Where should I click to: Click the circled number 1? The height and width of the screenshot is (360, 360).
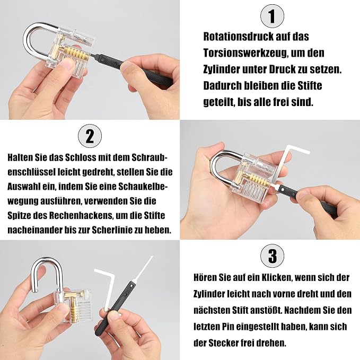pos(272,16)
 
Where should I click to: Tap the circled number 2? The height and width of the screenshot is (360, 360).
pos(90,136)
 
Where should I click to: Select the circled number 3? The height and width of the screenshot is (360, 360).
pos(273,256)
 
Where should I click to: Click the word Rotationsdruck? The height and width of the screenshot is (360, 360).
pos(239,37)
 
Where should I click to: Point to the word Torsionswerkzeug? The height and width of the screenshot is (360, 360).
pos(245,53)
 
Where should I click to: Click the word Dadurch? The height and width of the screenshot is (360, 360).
pos(222,86)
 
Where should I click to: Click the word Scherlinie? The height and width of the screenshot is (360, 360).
pos(113,230)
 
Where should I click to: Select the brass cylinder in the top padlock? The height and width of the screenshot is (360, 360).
pos(73,53)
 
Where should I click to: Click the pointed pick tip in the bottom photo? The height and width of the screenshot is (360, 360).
pos(152,257)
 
